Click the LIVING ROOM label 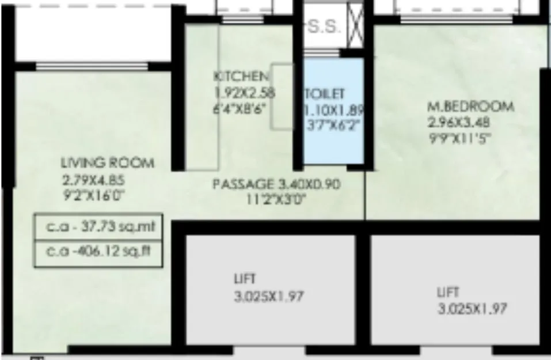pos(100,163)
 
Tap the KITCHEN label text pos(240,77)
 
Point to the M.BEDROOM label pos(470,107)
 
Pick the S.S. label pos(326,27)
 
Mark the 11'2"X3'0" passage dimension pos(275,200)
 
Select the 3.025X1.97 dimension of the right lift pos(472,309)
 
